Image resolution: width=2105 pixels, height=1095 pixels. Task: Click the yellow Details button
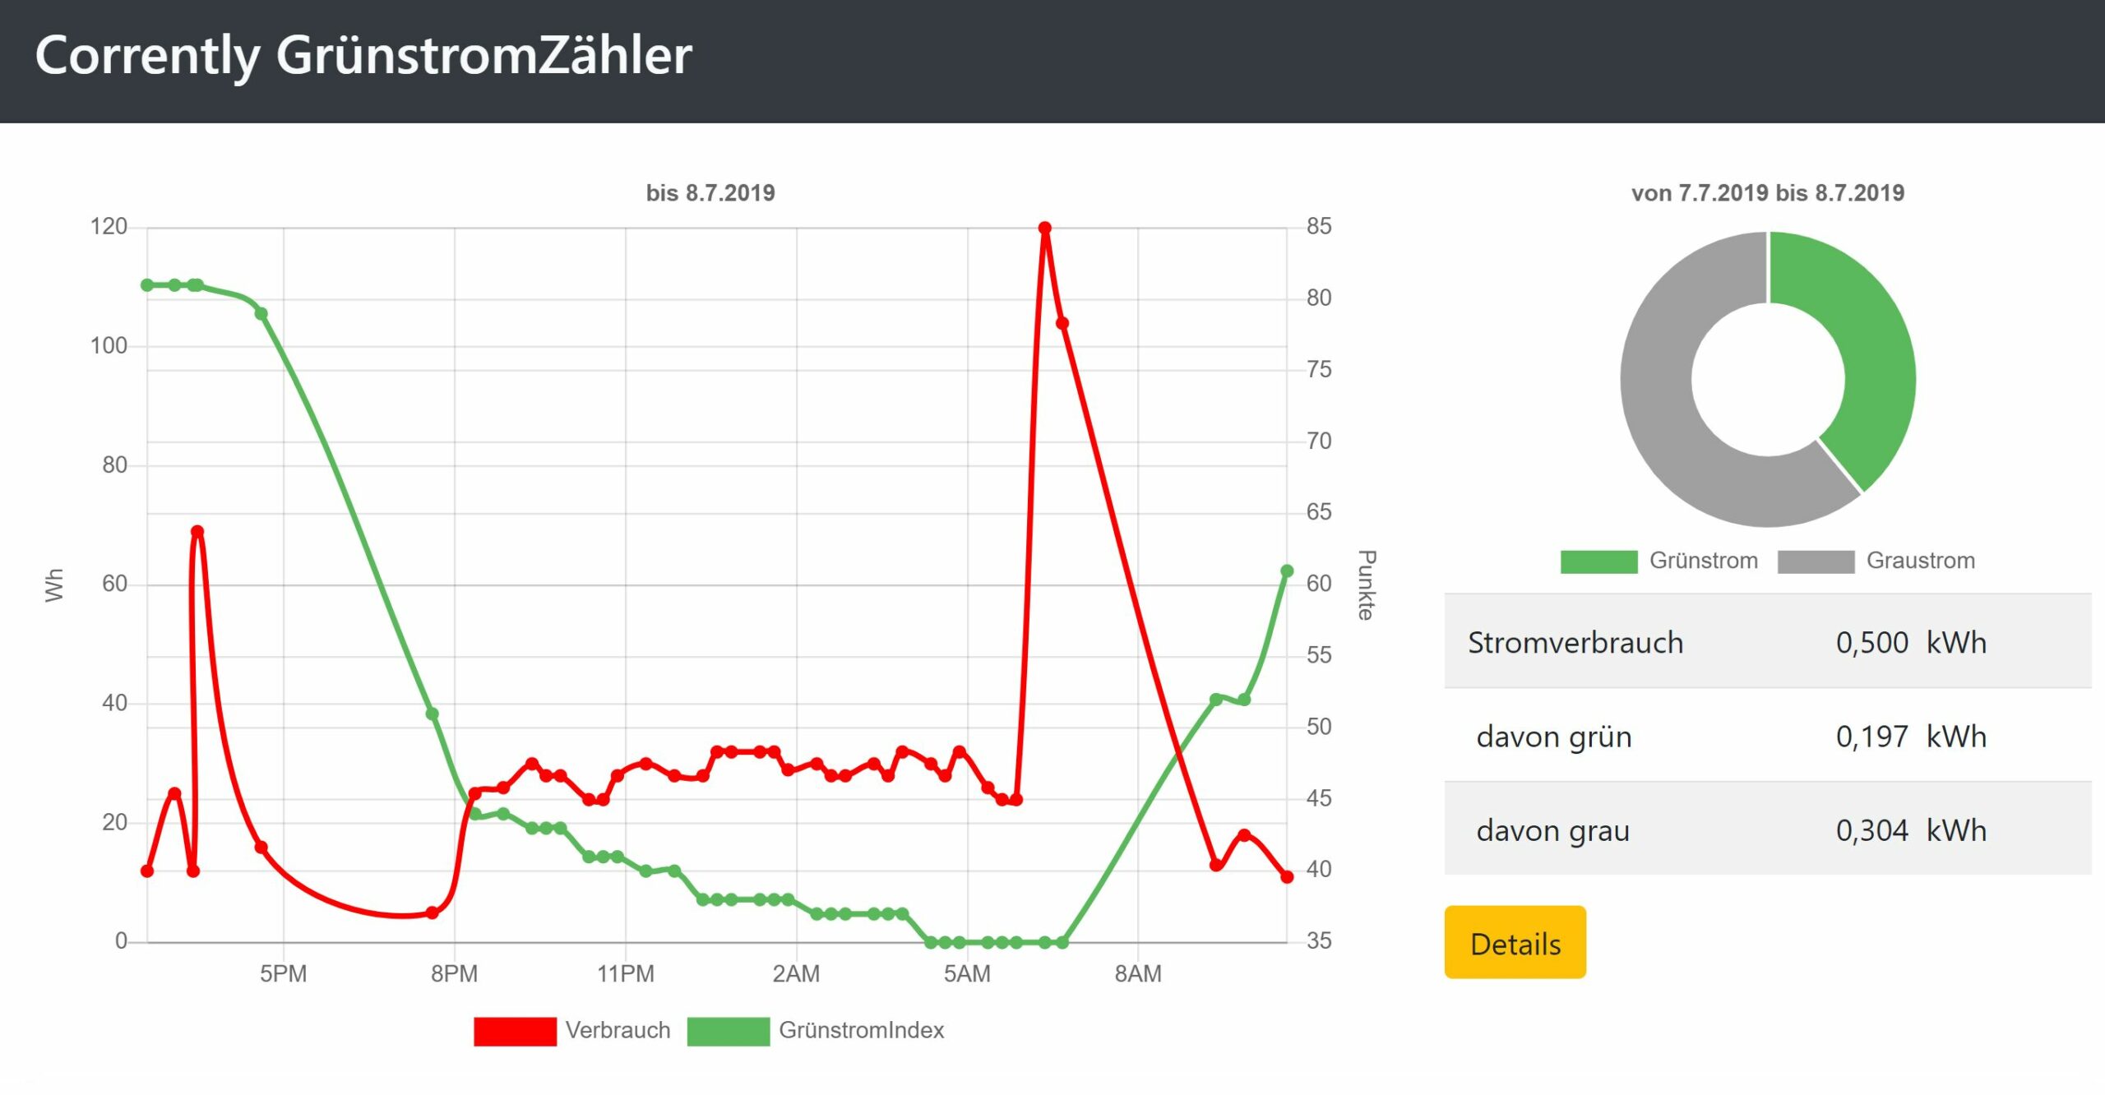1515,942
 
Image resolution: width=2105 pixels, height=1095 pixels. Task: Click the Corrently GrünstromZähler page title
363,56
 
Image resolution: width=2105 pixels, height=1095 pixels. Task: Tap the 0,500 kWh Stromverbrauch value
1910,642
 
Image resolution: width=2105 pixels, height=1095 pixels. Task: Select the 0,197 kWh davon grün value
1910,737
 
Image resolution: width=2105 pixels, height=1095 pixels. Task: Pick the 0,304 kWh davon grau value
1910,830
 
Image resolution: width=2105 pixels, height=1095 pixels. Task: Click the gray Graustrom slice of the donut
1677,427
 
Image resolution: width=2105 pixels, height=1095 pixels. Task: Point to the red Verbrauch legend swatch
515,1031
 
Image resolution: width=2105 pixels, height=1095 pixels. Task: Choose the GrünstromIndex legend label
861,1030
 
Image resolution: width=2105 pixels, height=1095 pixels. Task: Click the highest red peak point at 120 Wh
1044,228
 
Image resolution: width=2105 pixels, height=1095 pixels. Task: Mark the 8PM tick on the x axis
454,974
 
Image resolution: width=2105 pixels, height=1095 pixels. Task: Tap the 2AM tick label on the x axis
796,974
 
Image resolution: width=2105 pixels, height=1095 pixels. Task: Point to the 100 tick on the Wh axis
109,346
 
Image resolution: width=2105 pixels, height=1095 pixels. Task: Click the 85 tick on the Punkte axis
1319,227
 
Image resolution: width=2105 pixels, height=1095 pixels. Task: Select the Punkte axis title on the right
1366,585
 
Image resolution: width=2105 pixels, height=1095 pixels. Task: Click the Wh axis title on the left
54,585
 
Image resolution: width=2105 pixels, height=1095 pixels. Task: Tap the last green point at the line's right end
1287,571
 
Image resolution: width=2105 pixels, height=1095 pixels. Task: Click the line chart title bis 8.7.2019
710,193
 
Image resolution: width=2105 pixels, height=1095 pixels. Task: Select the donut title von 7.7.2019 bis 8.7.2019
1768,193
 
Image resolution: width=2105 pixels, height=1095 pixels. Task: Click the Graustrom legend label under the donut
1920,561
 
